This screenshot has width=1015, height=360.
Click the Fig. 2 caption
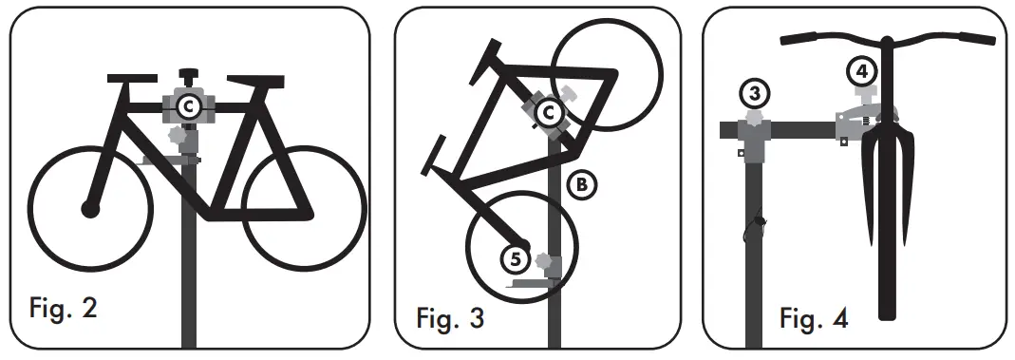[x=64, y=309]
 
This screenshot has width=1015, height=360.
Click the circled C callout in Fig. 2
[x=188, y=108]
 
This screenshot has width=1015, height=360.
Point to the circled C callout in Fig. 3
[x=546, y=113]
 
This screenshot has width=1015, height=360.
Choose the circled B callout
[x=581, y=183]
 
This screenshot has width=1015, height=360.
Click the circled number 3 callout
[x=754, y=93]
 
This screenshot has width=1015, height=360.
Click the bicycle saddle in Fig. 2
[x=132, y=79]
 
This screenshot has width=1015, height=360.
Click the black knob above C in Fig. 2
[x=188, y=74]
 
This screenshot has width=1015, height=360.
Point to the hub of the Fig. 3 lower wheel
[x=519, y=238]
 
